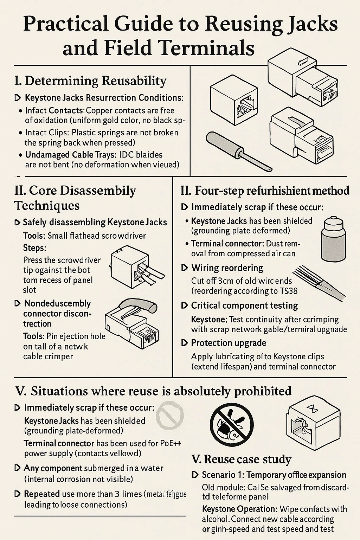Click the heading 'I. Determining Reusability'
coord(90,81)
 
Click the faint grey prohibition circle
coord(170,416)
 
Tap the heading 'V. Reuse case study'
coord(242,459)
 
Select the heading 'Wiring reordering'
coord(227,268)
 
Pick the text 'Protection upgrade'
coord(229,343)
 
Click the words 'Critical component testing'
coord(244,306)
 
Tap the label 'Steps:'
coord(34,248)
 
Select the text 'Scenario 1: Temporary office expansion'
coord(274,475)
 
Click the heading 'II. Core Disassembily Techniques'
coord(75,198)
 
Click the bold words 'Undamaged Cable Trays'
coord(64,155)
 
